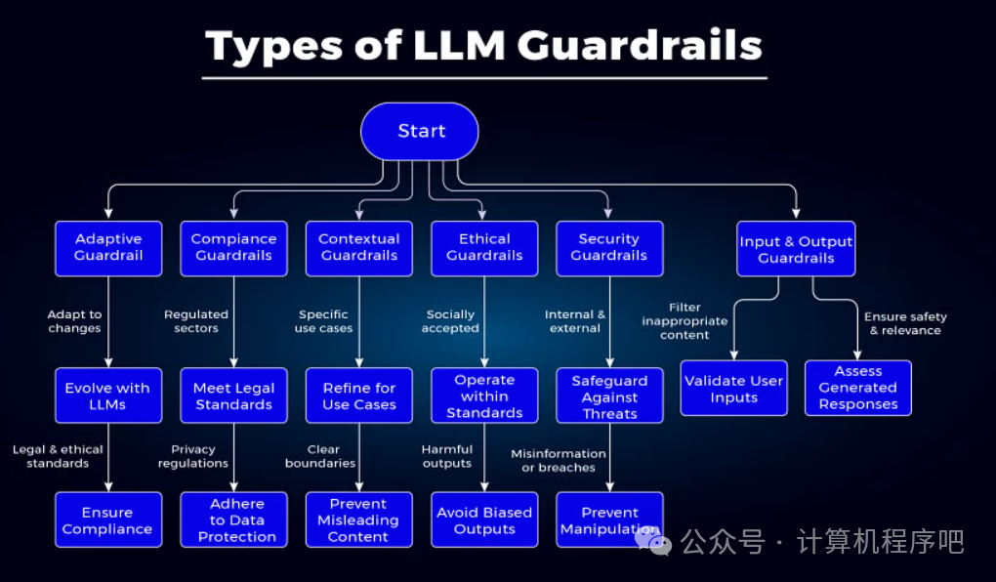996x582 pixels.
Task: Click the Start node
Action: [x=420, y=131]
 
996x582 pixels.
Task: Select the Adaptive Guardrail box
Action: [x=108, y=248]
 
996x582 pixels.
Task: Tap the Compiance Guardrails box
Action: [x=233, y=248]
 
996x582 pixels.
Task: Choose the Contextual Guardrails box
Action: [x=358, y=248]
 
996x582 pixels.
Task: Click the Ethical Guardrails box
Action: [x=484, y=248]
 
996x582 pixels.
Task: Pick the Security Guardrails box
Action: [x=609, y=248]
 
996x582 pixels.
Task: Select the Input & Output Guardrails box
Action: [x=796, y=249]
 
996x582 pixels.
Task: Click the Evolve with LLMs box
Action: [x=108, y=395]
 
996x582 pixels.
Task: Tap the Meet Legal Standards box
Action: [x=233, y=395]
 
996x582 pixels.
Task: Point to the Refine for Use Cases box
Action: [x=358, y=395]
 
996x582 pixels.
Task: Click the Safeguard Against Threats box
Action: [x=609, y=395]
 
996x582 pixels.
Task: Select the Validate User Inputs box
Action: [x=733, y=389]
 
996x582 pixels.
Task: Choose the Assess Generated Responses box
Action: [x=858, y=388]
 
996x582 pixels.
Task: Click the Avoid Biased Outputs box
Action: [x=484, y=520]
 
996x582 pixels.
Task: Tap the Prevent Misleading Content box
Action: [x=358, y=520]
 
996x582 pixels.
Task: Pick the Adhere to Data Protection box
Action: [x=233, y=520]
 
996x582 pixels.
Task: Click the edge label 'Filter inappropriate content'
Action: [x=685, y=321]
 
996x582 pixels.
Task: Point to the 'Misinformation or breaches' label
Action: [x=558, y=460]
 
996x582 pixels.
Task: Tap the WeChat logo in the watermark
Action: [x=651, y=538]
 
